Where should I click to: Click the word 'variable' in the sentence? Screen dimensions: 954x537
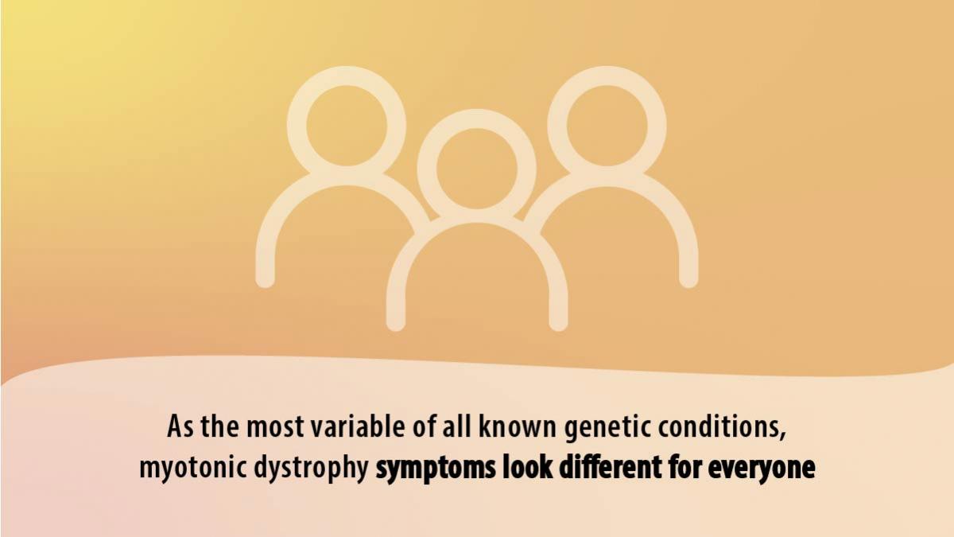pos(358,426)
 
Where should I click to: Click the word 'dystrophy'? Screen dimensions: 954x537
pos(312,469)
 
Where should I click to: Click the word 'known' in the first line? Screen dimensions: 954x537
pos(518,426)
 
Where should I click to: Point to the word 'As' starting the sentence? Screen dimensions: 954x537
pos(181,426)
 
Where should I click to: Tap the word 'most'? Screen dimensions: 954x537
pos(276,427)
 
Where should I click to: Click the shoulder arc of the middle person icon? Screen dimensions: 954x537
pos(476,213)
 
